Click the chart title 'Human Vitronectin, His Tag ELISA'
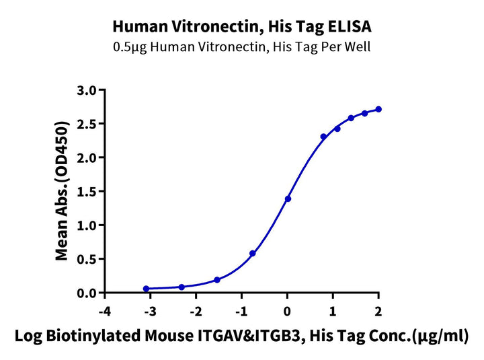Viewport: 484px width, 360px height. tap(241, 26)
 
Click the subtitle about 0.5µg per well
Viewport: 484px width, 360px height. tap(241, 47)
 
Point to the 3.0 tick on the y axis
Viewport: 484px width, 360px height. tap(87, 89)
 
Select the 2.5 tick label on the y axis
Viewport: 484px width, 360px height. tap(87, 124)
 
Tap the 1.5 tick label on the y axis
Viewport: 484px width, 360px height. tap(87, 191)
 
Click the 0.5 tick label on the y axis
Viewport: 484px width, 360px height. tap(87, 259)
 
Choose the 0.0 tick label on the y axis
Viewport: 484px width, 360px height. tap(87, 293)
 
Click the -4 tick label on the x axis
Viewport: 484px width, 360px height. tap(104, 312)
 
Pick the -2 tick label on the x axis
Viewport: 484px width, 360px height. tap(196, 312)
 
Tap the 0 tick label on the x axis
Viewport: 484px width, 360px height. tap(287, 312)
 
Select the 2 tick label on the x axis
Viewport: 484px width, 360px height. tap(378, 312)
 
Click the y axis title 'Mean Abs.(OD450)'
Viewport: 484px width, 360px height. tap(62, 191)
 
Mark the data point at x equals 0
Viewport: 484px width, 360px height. tap(288, 199)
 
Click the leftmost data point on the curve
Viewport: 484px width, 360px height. tap(146, 289)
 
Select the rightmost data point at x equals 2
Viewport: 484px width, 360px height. tap(378, 109)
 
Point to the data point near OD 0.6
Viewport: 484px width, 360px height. tap(252, 254)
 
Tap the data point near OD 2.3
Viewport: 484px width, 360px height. tap(323, 137)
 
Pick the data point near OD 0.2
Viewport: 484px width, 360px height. tap(217, 280)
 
